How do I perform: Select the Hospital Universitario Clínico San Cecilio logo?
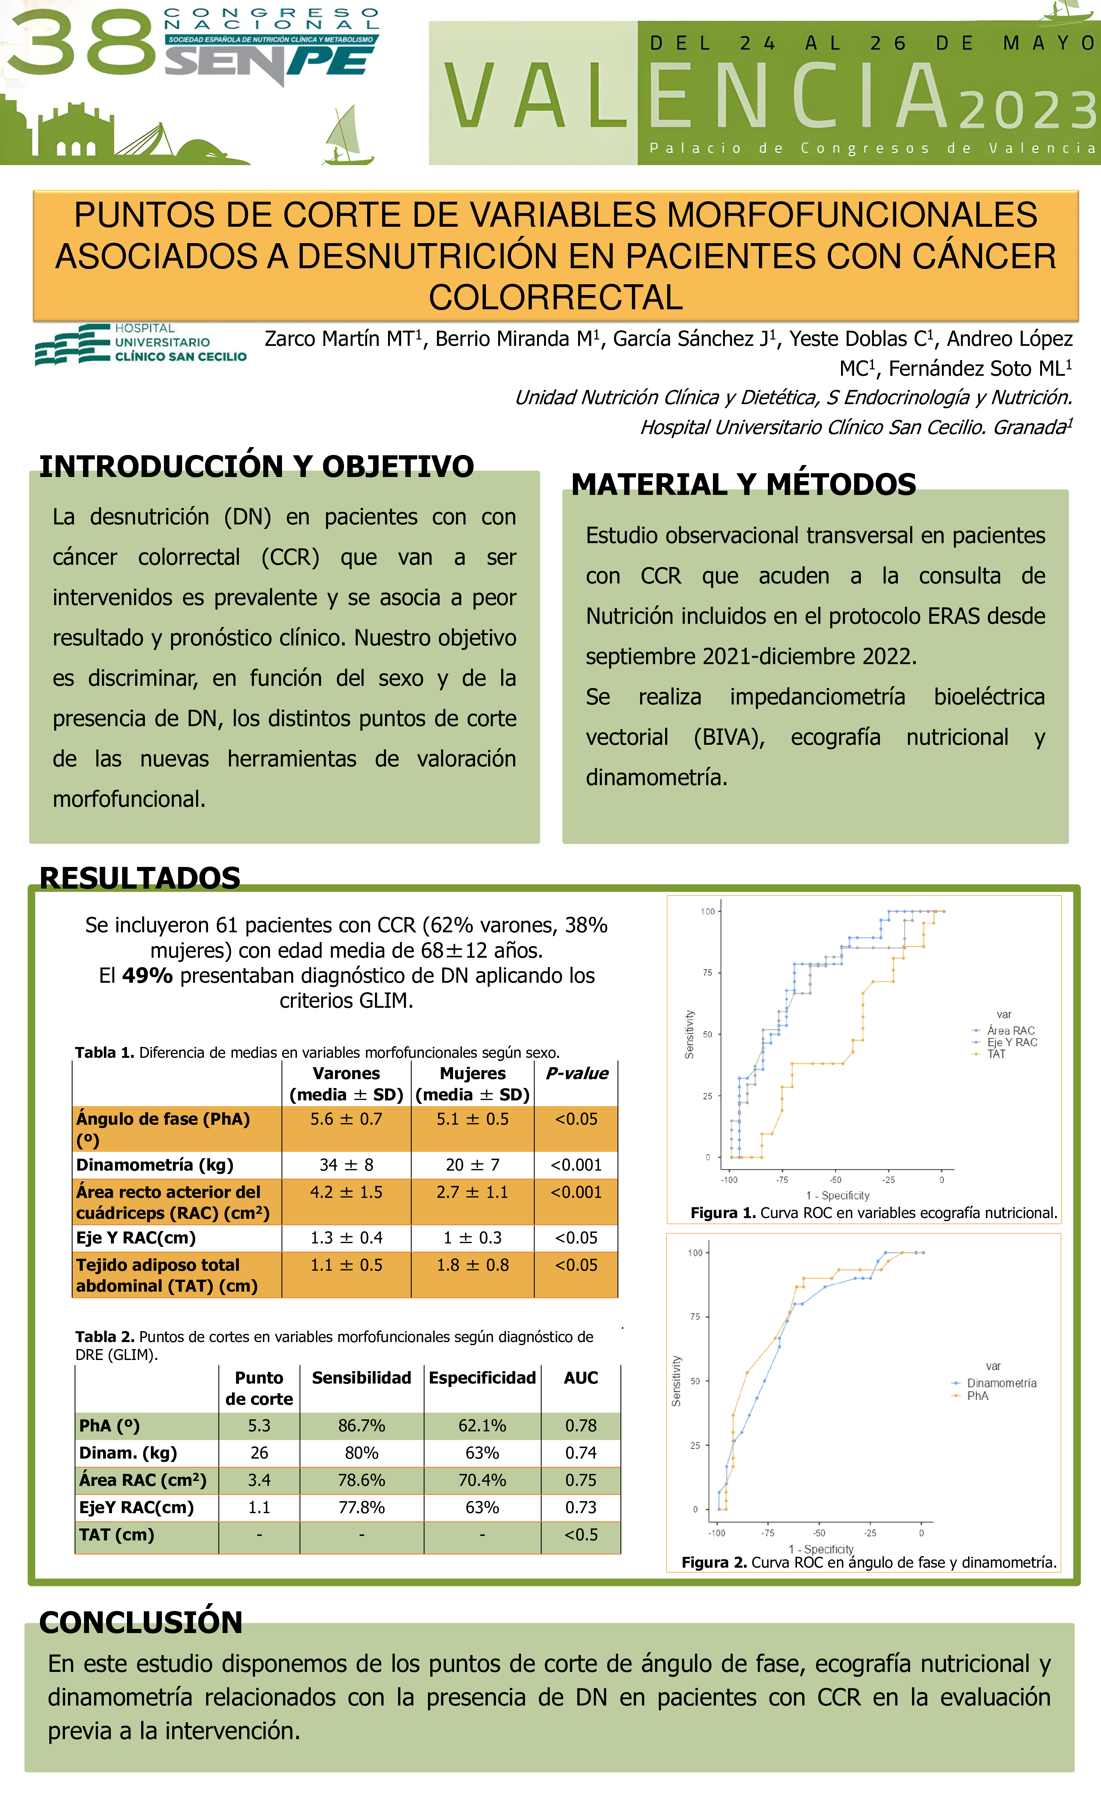pyautogui.click(x=141, y=343)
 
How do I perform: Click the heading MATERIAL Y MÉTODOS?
pyautogui.click(x=743, y=484)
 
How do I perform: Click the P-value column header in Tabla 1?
pyautogui.click(x=576, y=1073)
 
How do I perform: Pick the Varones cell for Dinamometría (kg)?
pyautogui.click(x=346, y=1164)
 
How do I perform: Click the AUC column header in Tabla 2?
pyautogui.click(x=581, y=1378)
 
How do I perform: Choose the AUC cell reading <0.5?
pyautogui.click(x=581, y=1535)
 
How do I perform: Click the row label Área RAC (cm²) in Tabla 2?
pyautogui.click(x=142, y=1480)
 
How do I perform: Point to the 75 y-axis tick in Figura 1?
pyautogui.click(x=707, y=972)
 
